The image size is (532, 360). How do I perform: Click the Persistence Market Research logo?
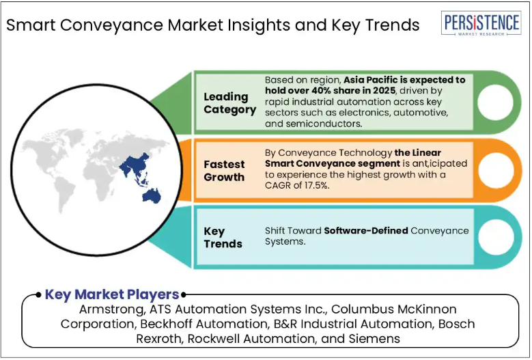481,23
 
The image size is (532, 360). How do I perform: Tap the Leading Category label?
229,103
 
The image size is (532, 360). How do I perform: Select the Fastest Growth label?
224,171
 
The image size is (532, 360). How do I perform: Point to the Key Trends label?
223,238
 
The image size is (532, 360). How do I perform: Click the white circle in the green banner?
494,102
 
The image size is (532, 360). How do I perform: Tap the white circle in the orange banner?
496,170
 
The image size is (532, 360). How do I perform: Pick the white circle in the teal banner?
496,237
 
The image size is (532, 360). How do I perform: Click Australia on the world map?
152,196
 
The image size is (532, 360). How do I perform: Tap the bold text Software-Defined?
366,231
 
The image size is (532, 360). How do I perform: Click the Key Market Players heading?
112,294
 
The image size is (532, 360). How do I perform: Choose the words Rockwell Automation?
251,339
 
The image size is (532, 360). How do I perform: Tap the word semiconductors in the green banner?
324,124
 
